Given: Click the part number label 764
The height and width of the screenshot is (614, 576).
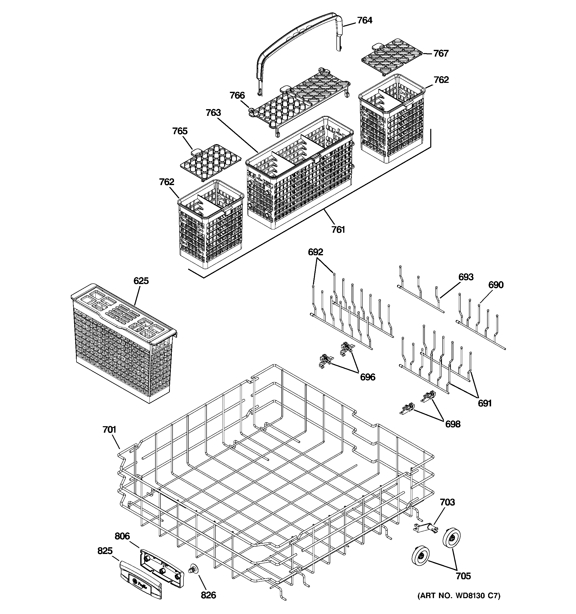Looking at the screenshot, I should click(x=364, y=20).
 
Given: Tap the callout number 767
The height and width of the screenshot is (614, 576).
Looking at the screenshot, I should click(x=441, y=53).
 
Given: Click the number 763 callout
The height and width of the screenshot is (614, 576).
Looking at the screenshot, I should click(x=213, y=113).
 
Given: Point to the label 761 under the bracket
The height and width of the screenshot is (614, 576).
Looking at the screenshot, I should click(x=338, y=230).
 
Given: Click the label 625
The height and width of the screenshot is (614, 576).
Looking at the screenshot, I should click(x=141, y=281).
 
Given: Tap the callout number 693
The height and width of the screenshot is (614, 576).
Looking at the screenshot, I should click(x=466, y=277).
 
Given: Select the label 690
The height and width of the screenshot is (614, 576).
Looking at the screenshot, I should click(x=496, y=285).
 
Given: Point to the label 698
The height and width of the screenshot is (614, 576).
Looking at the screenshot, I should click(x=453, y=424).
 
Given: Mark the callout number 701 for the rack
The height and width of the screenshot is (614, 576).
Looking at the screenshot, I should click(x=109, y=430).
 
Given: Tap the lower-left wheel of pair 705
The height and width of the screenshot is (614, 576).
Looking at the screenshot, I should click(x=421, y=556).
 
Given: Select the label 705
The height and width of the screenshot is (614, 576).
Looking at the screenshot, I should click(x=463, y=576).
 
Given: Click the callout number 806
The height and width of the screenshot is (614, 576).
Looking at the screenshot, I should click(x=122, y=536).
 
